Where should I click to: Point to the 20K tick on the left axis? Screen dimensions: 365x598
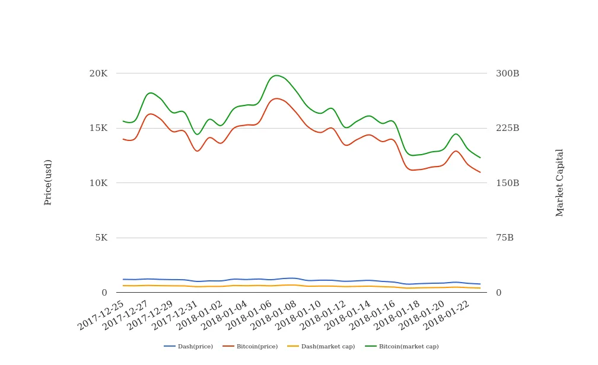[98, 73]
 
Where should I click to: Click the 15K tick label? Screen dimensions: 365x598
[98, 128]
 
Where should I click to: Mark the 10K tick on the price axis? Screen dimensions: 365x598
[98, 183]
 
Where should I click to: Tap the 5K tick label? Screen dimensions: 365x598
[101, 238]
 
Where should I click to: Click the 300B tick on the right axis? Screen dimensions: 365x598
[507, 73]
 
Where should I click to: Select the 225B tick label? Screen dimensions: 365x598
[507, 128]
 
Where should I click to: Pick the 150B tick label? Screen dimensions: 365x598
[507, 183]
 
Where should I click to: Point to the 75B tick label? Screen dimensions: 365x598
[505, 238]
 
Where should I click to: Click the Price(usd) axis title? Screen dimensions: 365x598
[48, 182]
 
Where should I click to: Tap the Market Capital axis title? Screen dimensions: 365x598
[560, 182]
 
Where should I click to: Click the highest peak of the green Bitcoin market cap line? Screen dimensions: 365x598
[276, 75]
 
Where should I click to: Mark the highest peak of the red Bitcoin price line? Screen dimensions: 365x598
[276, 98]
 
